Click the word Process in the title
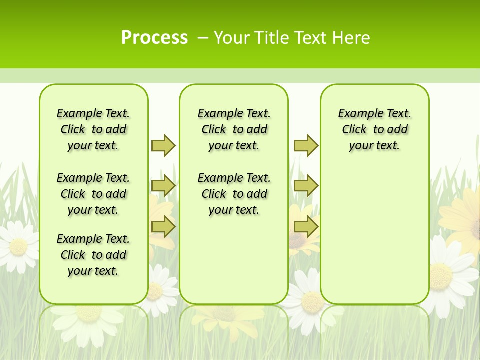pos(154,37)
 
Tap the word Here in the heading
pos(351,37)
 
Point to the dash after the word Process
pos(203,38)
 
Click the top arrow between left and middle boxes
pos(163,145)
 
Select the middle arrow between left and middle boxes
pos(163,186)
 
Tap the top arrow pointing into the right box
pos(306,145)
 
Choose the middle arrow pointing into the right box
pos(306,186)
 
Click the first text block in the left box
pos(93,129)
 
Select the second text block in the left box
pos(93,194)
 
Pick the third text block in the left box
pos(93,255)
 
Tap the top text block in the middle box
pos(234,129)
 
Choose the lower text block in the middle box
pos(234,194)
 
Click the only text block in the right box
pos(374,129)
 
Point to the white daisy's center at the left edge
pos(18,246)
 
